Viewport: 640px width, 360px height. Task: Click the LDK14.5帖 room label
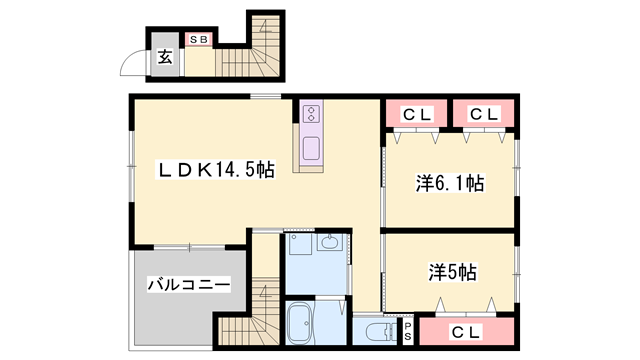[211, 171]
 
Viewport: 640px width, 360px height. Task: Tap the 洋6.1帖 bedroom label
[450, 184]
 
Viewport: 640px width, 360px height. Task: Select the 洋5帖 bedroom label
[453, 271]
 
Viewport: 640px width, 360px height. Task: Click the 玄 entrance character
[164, 57]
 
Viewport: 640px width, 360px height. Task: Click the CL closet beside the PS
[467, 330]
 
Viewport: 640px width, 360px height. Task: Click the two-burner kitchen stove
[311, 113]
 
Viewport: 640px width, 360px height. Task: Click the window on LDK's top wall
[265, 96]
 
